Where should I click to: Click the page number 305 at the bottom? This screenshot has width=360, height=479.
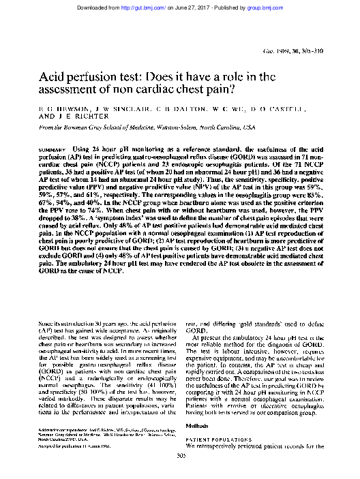point(180,455)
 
